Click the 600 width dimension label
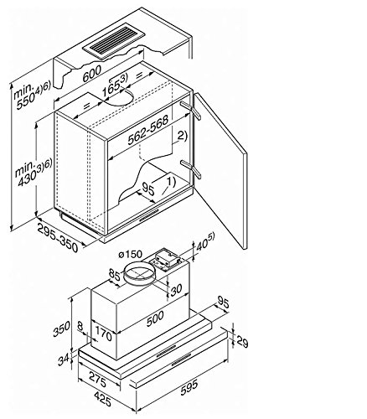(92, 74)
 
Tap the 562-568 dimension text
(148, 130)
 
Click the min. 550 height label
(31, 95)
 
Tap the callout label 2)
(182, 136)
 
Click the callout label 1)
(171, 182)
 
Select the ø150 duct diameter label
(130, 255)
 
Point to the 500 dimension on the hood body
(155, 318)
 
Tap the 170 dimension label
(104, 334)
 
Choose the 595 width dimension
(189, 387)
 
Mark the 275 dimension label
(97, 380)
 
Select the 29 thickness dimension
(242, 341)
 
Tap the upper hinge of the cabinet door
(191, 110)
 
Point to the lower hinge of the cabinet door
(191, 168)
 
